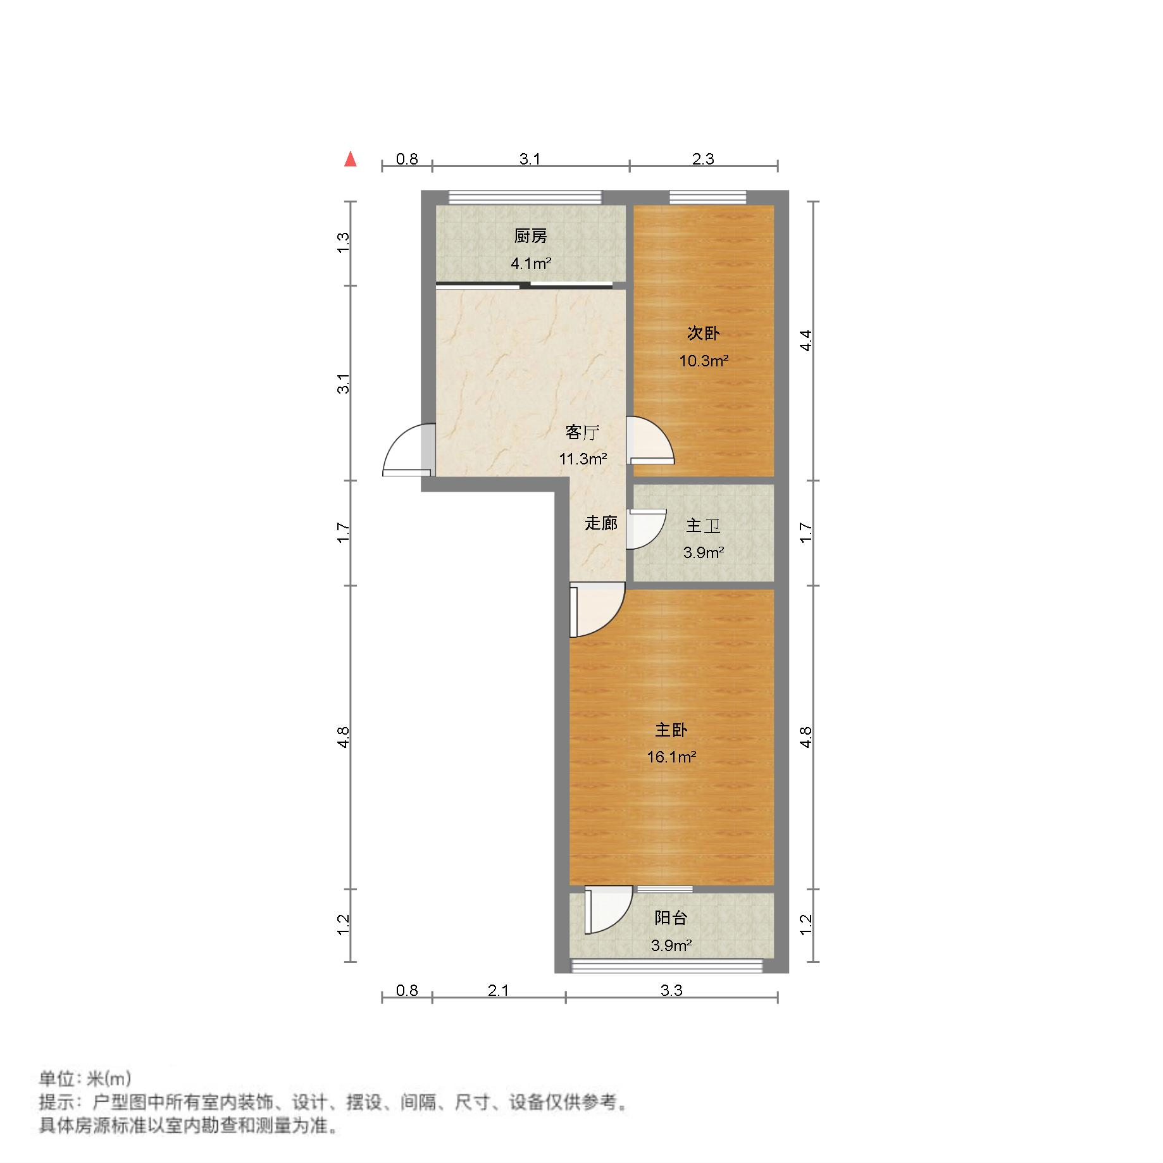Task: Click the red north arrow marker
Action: coord(350,159)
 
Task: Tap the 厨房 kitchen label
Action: coord(530,236)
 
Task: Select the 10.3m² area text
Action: coord(704,361)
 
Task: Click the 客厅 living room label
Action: coord(582,432)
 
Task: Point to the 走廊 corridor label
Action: coord(600,523)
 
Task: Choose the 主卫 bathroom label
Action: coord(703,525)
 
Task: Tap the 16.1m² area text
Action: coord(671,757)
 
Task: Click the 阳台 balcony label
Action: coord(671,917)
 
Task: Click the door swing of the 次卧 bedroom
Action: coord(648,440)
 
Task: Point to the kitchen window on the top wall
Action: coord(525,197)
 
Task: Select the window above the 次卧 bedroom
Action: coord(707,197)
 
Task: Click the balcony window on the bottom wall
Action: coord(667,966)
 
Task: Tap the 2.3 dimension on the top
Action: coord(703,159)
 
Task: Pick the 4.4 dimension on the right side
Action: coord(805,341)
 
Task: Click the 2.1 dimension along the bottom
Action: coord(499,990)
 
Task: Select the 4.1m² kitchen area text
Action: coord(531,263)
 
